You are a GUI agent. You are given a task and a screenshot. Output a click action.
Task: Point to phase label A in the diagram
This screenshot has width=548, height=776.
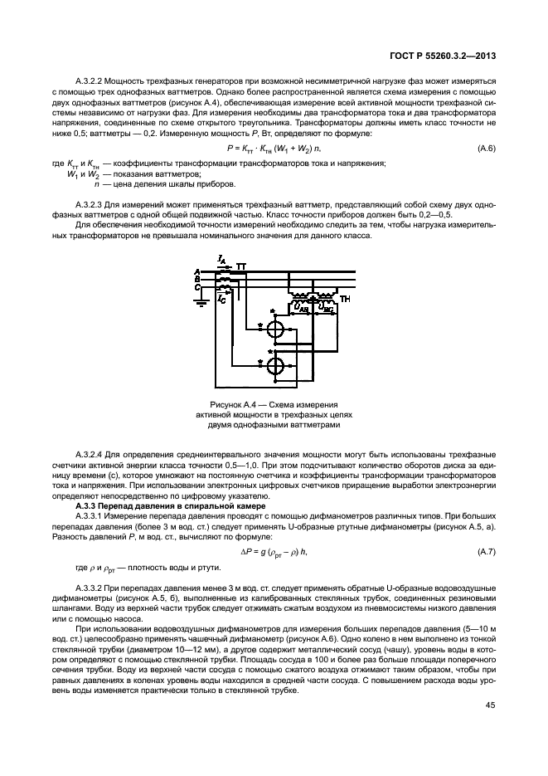coord(196,272)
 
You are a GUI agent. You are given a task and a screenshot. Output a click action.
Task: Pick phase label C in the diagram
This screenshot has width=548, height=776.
coord(196,288)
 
